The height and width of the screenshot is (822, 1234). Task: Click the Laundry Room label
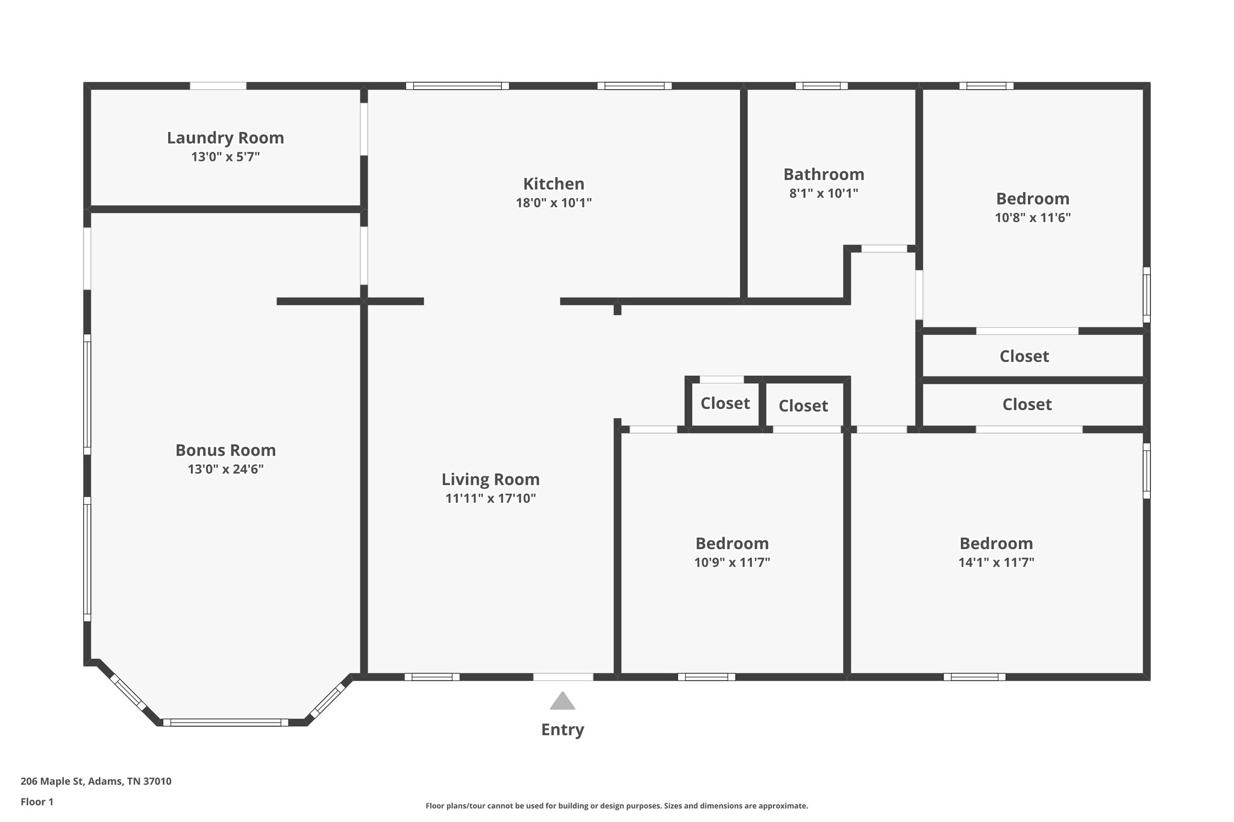click(225, 138)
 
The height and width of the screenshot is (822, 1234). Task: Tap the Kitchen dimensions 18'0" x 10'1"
click(553, 203)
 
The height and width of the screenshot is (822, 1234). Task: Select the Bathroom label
click(823, 175)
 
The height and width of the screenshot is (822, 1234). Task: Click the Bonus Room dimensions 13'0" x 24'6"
click(225, 469)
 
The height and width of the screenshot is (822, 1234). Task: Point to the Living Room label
click(490, 479)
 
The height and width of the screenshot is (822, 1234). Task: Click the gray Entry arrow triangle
click(562, 702)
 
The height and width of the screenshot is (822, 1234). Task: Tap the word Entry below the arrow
click(562, 730)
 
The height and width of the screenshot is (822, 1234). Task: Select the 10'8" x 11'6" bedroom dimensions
click(1032, 218)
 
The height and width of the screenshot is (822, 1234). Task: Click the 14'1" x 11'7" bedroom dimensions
click(996, 562)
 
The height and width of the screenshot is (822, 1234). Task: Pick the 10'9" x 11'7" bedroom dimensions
click(731, 562)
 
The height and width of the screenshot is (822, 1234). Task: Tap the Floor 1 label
click(37, 802)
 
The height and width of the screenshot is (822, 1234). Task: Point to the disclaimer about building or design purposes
click(616, 806)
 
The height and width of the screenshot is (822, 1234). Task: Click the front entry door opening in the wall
click(563, 677)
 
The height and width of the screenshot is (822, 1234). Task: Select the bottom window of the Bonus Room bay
click(225, 722)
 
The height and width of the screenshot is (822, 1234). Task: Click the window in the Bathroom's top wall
click(821, 86)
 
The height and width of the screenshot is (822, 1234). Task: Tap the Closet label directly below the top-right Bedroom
click(1024, 357)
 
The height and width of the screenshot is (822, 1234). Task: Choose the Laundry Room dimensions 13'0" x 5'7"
click(225, 157)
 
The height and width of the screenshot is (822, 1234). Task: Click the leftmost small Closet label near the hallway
click(725, 403)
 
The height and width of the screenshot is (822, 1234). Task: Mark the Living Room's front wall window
click(431, 677)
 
